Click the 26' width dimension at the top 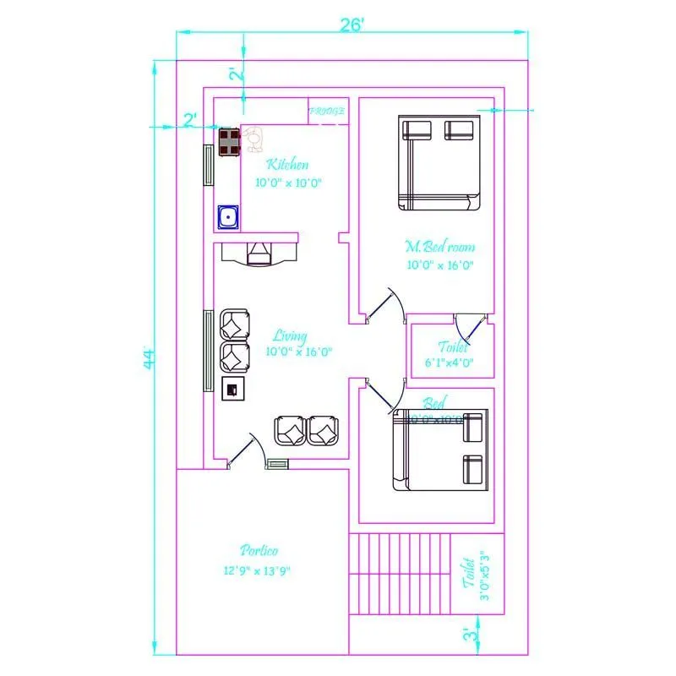(x=352, y=25)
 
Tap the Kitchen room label (x=287, y=165)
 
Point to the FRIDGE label (x=326, y=111)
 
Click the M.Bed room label (x=439, y=247)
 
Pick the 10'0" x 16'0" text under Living (x=297, y=352)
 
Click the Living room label (x=290, y=336)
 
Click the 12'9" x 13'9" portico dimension (x=257, y=570)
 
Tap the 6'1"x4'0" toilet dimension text (x=449, y=363)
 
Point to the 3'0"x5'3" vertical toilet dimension (x=484, y=576)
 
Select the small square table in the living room (x=232, y=388)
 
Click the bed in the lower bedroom (x=439, y=450)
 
